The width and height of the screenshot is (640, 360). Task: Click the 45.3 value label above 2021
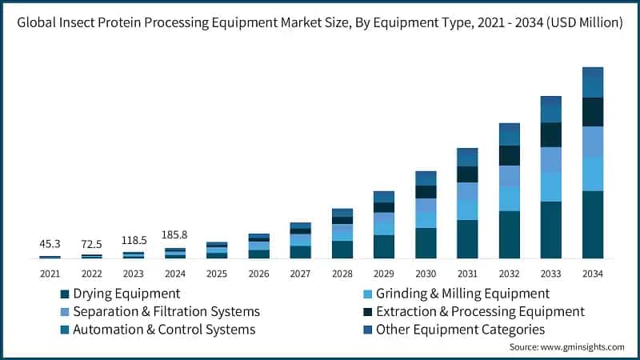coord(50,243)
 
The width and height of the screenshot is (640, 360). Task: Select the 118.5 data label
coord(133,240)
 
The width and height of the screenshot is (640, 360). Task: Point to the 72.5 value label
coord(91,242)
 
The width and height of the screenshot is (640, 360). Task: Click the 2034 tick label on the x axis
coord(592,274)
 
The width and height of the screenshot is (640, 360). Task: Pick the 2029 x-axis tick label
coord(383,274)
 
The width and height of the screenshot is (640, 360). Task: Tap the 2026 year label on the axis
coord(258,274)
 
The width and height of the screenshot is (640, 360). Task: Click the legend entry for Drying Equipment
coord(126,294)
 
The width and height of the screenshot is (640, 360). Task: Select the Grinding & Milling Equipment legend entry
coord(462,294)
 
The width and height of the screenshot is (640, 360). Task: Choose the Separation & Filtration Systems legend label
coord(166,311)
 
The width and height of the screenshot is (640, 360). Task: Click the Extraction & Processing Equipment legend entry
coord(480,311)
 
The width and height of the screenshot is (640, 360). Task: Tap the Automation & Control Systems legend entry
coord(163,329)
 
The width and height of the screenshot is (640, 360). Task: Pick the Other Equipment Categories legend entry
coord(460,329)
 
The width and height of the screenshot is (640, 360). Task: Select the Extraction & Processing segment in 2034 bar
coord(592,112)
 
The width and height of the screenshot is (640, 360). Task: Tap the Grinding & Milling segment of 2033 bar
coord(550,186)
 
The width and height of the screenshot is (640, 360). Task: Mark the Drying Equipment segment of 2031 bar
coord(467,238)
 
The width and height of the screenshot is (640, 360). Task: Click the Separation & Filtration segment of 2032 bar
coord(509,175)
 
